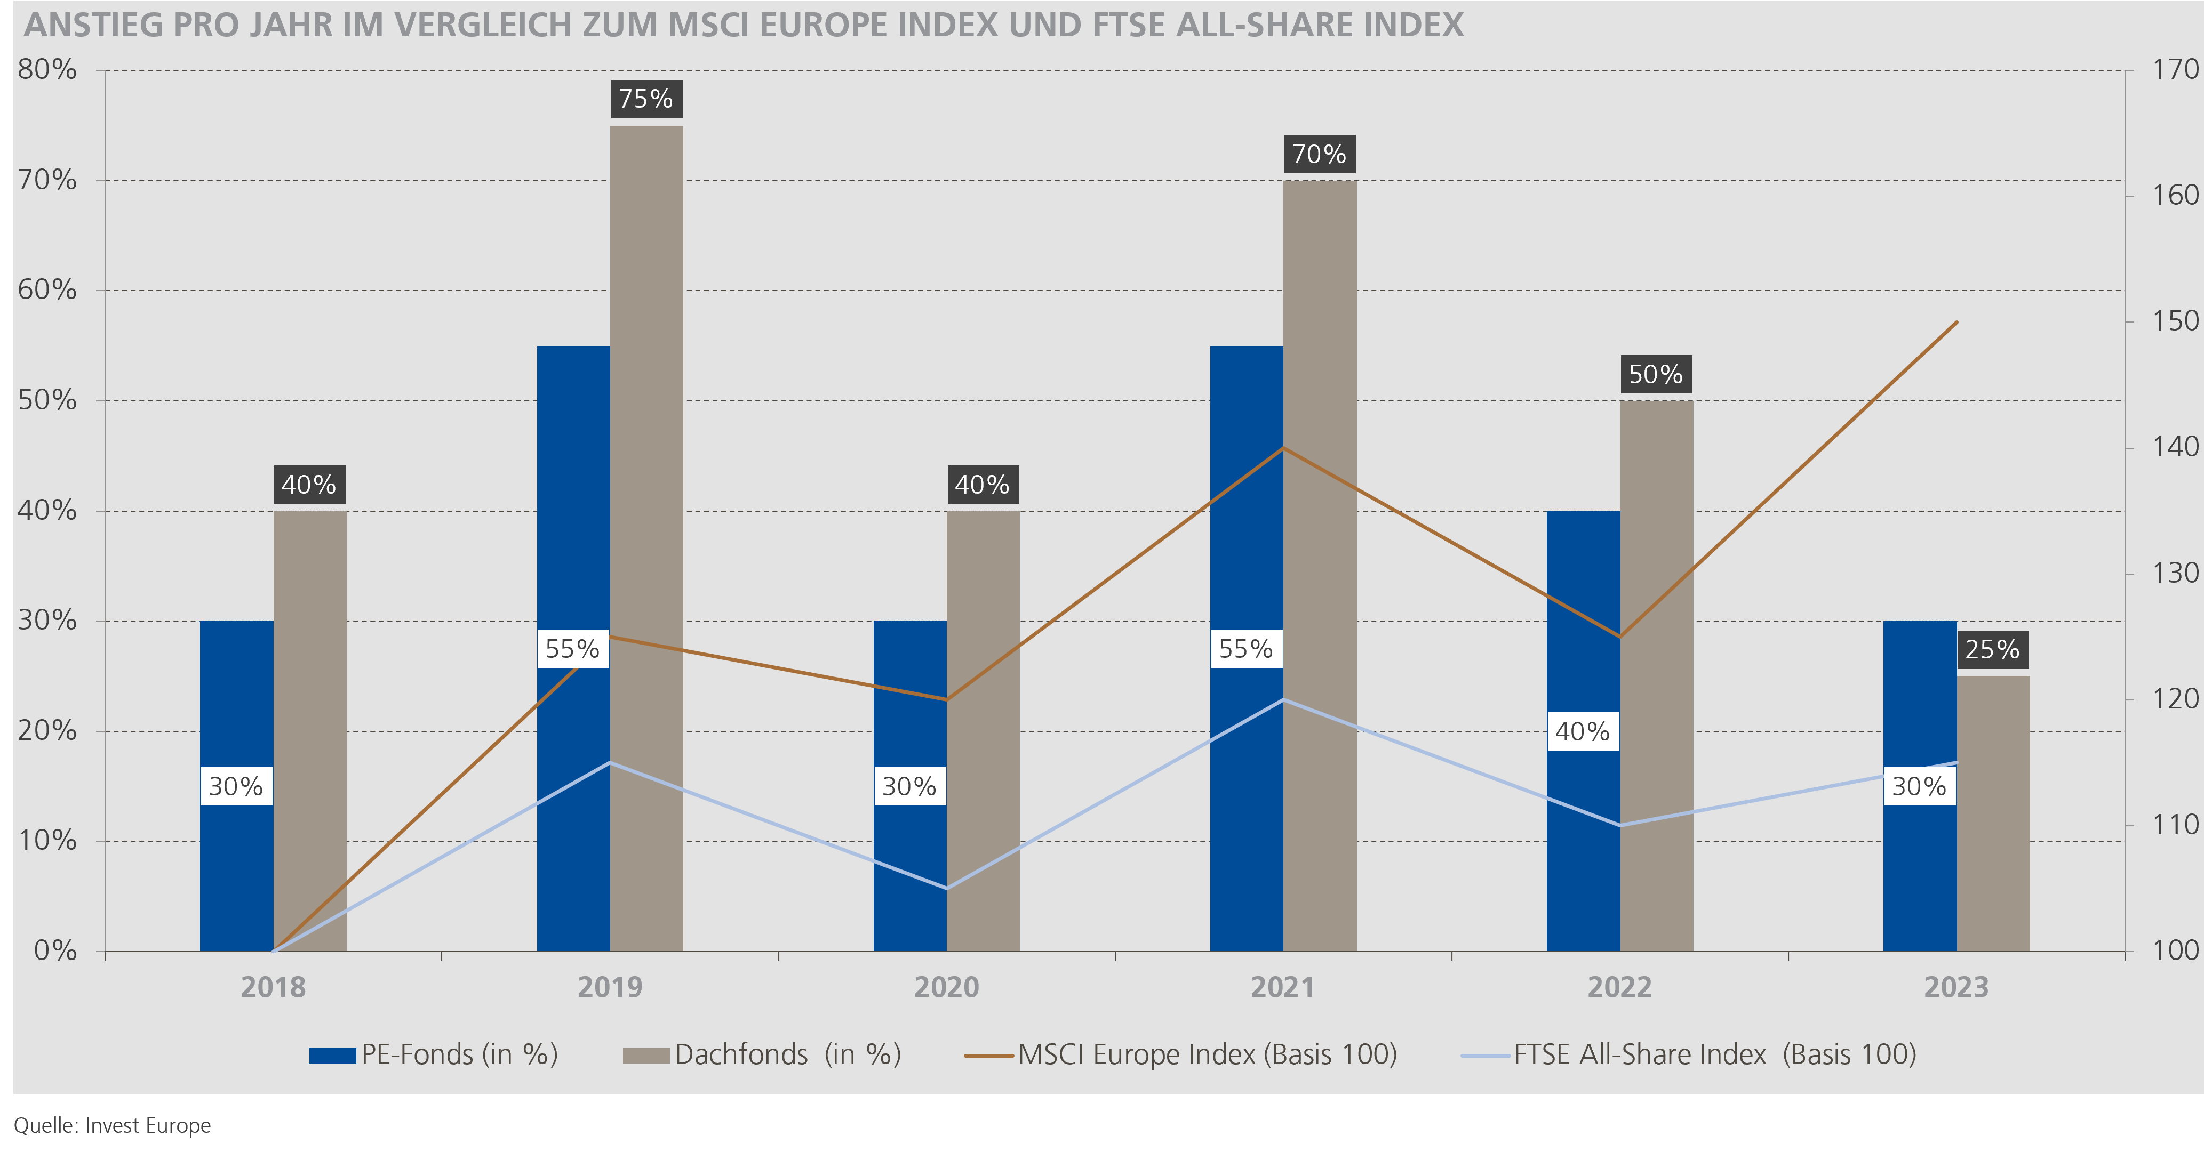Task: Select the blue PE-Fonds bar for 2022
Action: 1583,616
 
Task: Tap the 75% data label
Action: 646,99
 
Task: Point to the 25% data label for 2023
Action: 1992,650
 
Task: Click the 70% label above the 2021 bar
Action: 1319,155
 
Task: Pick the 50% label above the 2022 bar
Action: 1656,375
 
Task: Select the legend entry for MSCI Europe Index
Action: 1181,1054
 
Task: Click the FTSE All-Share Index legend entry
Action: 1690,1054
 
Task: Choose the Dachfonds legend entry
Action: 762,1054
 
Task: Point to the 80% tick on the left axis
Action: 47,70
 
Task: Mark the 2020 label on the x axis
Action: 946,988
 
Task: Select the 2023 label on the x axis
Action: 1957,988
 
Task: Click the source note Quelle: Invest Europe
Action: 112,1125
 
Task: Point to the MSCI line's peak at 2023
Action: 1957,323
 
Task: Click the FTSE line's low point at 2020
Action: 946,888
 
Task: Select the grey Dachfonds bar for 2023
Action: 1993,812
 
